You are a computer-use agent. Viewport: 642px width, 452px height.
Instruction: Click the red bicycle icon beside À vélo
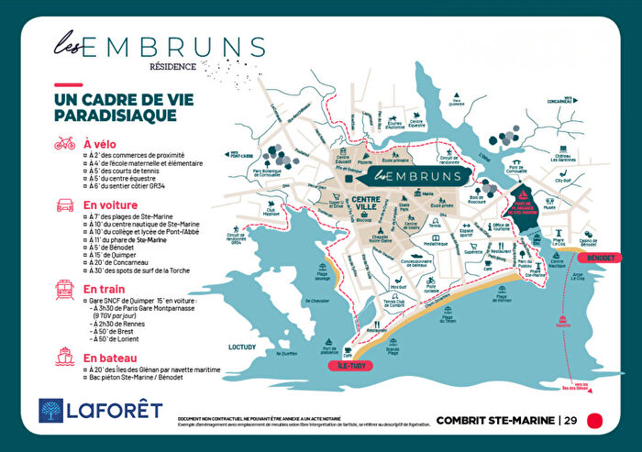[x=64, y=143]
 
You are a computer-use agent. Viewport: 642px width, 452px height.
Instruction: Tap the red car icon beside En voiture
[x=64, y=205]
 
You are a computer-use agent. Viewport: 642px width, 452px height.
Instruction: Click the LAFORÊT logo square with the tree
[x=51, y=410]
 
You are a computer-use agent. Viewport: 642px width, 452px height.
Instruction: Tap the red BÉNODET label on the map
[x=601, y=258]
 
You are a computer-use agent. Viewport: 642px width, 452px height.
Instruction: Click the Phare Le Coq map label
[x=559, y=242]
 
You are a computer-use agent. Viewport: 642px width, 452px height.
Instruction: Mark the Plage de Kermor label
[x=504, y=296]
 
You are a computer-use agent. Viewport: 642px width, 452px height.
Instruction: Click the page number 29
[x=570, y=421]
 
